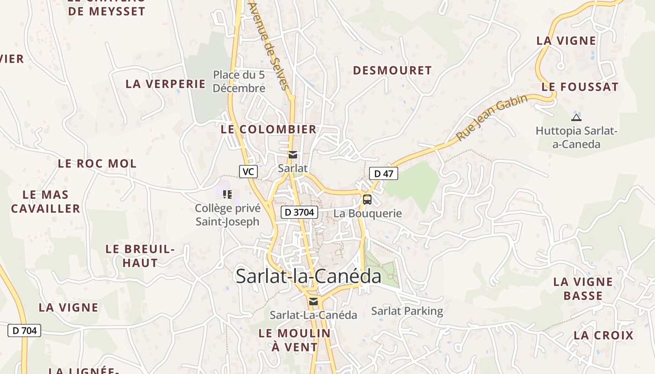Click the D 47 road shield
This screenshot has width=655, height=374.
[x=384, y=173]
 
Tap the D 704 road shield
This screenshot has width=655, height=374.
[x=24, y=331]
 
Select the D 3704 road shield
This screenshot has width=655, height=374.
[x=299, y=212]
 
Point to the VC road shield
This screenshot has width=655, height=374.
[x=248, y=172]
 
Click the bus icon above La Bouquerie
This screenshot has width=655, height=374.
[x=367, y=200]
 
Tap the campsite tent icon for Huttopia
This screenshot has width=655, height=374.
[x=576, y=117]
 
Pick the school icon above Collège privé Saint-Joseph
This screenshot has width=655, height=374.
[x=227, y=194]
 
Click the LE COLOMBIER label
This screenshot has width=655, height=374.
[x=269, y=129]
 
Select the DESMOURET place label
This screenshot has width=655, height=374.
[x=392, y=71]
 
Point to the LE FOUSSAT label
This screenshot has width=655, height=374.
[x=580, y=87]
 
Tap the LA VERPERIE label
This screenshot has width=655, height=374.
[x=166, y=84]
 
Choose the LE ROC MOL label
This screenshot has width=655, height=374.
[x=97, y=164]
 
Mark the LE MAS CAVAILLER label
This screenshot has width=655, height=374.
[x=46, y=201]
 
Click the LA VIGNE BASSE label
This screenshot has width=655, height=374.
[x=583, y=288]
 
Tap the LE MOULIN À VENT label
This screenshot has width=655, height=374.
[x=295, y=340]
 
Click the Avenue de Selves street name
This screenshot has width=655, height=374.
[x=269, y=46]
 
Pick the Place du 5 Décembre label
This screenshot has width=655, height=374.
[x=239, y=81]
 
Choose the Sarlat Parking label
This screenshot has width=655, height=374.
[x=407, y=311]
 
